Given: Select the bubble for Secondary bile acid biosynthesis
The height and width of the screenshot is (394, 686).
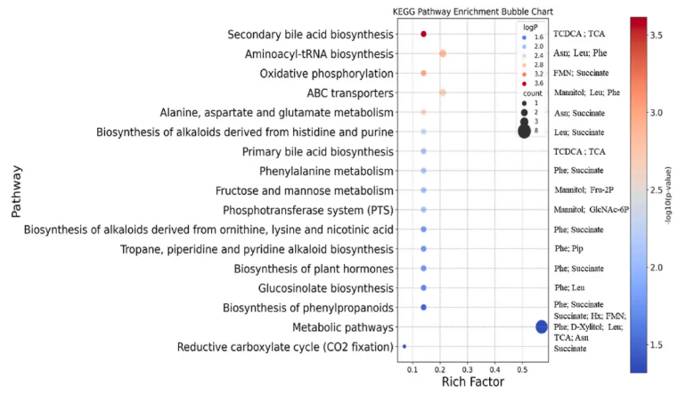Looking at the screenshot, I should click(x=423, y=34).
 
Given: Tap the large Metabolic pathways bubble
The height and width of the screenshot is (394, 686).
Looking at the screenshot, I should click(x=541, y=327).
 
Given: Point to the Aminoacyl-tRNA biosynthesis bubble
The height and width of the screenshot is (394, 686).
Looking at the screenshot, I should click(x=443, y=53).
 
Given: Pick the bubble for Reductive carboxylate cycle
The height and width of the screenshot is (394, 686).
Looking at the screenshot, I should click(x=404, y=347).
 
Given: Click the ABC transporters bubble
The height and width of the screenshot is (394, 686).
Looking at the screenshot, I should click(x=443, y=92).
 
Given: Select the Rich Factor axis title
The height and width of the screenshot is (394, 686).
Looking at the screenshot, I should click(x=473, y=382).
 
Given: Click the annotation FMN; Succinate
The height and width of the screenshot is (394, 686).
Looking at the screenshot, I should click(x=578, y=73).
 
